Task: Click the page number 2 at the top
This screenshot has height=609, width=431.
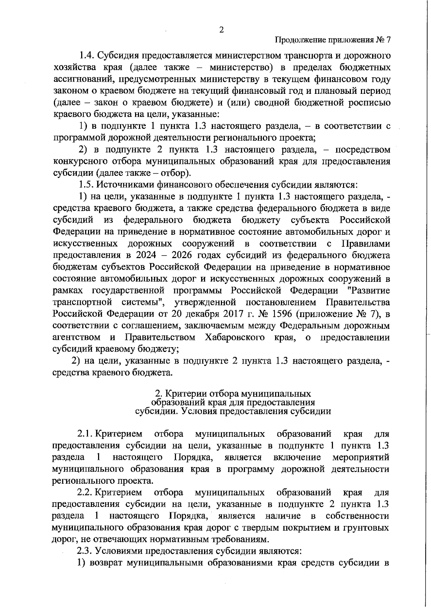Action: pyautogui.click(x=221, y=30)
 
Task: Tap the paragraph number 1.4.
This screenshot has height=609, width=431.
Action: pyautogui.click(x=87, y=56)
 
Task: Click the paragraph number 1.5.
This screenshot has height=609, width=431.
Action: pyautogui.click(x=87, y=185)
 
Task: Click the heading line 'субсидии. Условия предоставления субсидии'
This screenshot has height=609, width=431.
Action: pyautogui.click(x=233, y=411)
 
